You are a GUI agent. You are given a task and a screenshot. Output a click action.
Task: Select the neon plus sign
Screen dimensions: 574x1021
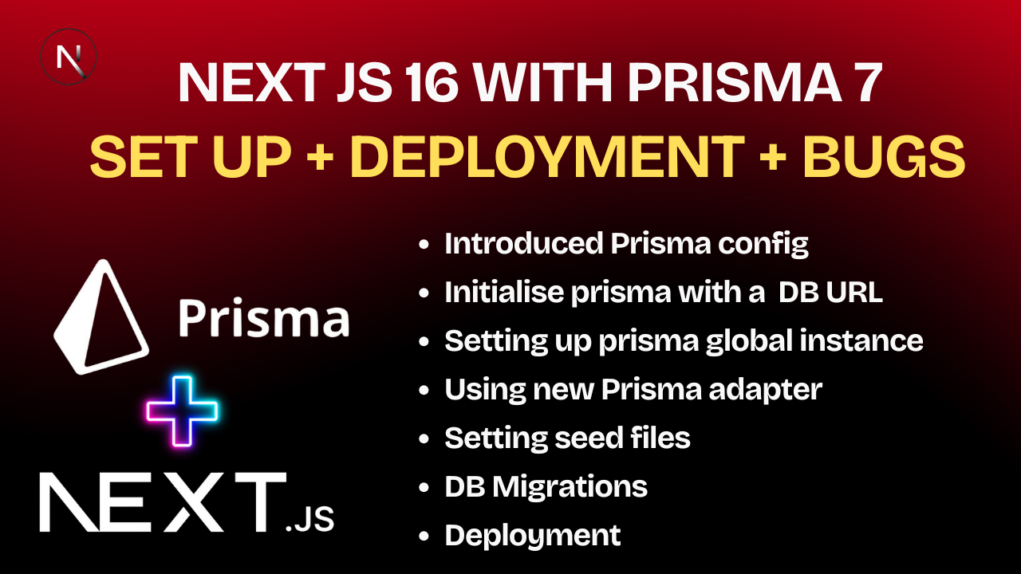pyautogui.click(x=182, y=411)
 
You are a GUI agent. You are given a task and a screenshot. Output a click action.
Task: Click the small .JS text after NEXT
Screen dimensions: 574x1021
pyautogui.click(x=309, y=521)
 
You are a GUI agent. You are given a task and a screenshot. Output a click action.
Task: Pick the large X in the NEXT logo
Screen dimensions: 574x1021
pyautogui.click(x=188, y=502)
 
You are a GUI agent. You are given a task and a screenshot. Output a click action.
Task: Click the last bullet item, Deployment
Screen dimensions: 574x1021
pyautogui.click(x=532, y=535)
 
